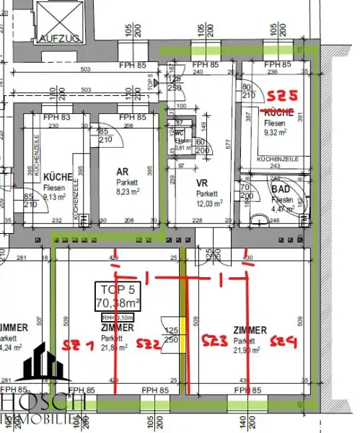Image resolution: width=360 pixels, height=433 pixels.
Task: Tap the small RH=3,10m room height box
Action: point(116,316)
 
